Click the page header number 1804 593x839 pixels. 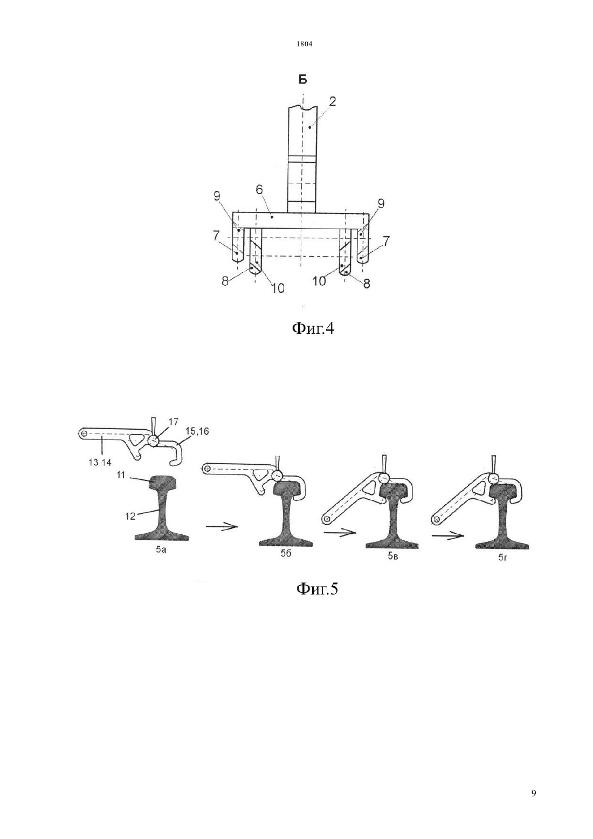pos(305,44)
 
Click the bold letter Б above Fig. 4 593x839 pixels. pos(302,80)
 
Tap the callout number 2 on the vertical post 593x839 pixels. pos(333,101)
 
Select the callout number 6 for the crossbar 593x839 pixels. pos(259,190)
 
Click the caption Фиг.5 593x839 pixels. pos(317,588)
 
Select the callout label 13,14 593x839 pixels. pos(100,463)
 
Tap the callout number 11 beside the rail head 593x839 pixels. pos(120,476)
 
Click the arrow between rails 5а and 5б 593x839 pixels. pos(222,527)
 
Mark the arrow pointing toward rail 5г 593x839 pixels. pos(448,535)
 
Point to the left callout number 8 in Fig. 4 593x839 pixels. pos(225,281)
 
